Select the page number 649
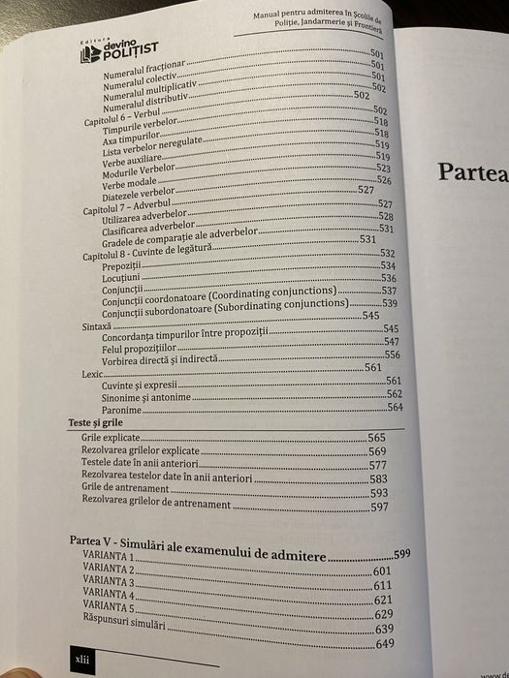tap(385, 643)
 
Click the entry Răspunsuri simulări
tap(126, 628)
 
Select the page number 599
tap(402, 554)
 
